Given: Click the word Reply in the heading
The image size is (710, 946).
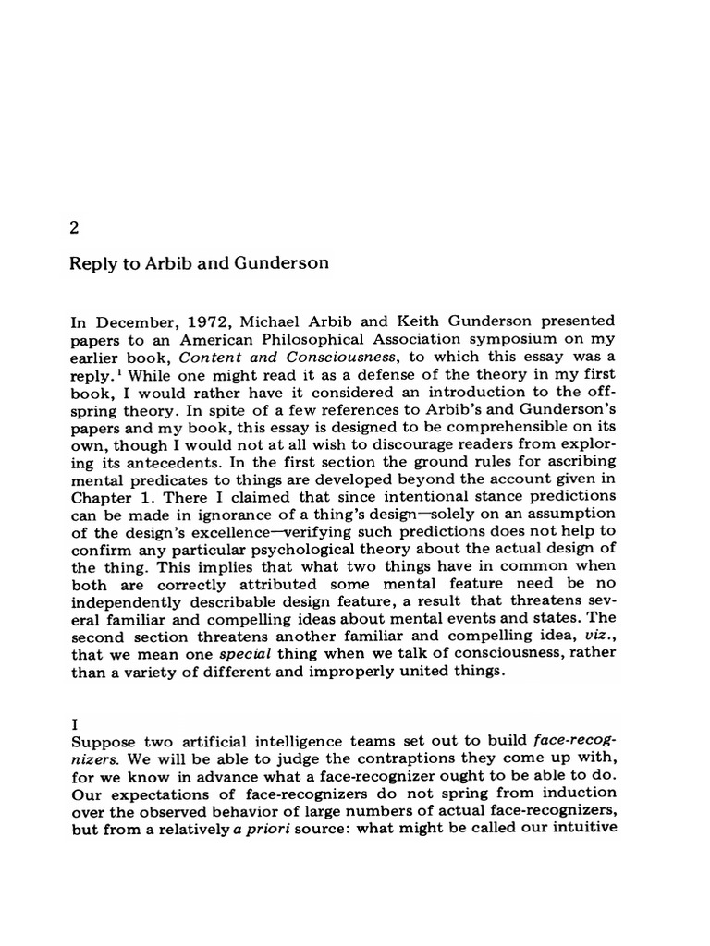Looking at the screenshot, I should [92, 263].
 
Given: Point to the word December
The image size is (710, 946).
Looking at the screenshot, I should [129, 323].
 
